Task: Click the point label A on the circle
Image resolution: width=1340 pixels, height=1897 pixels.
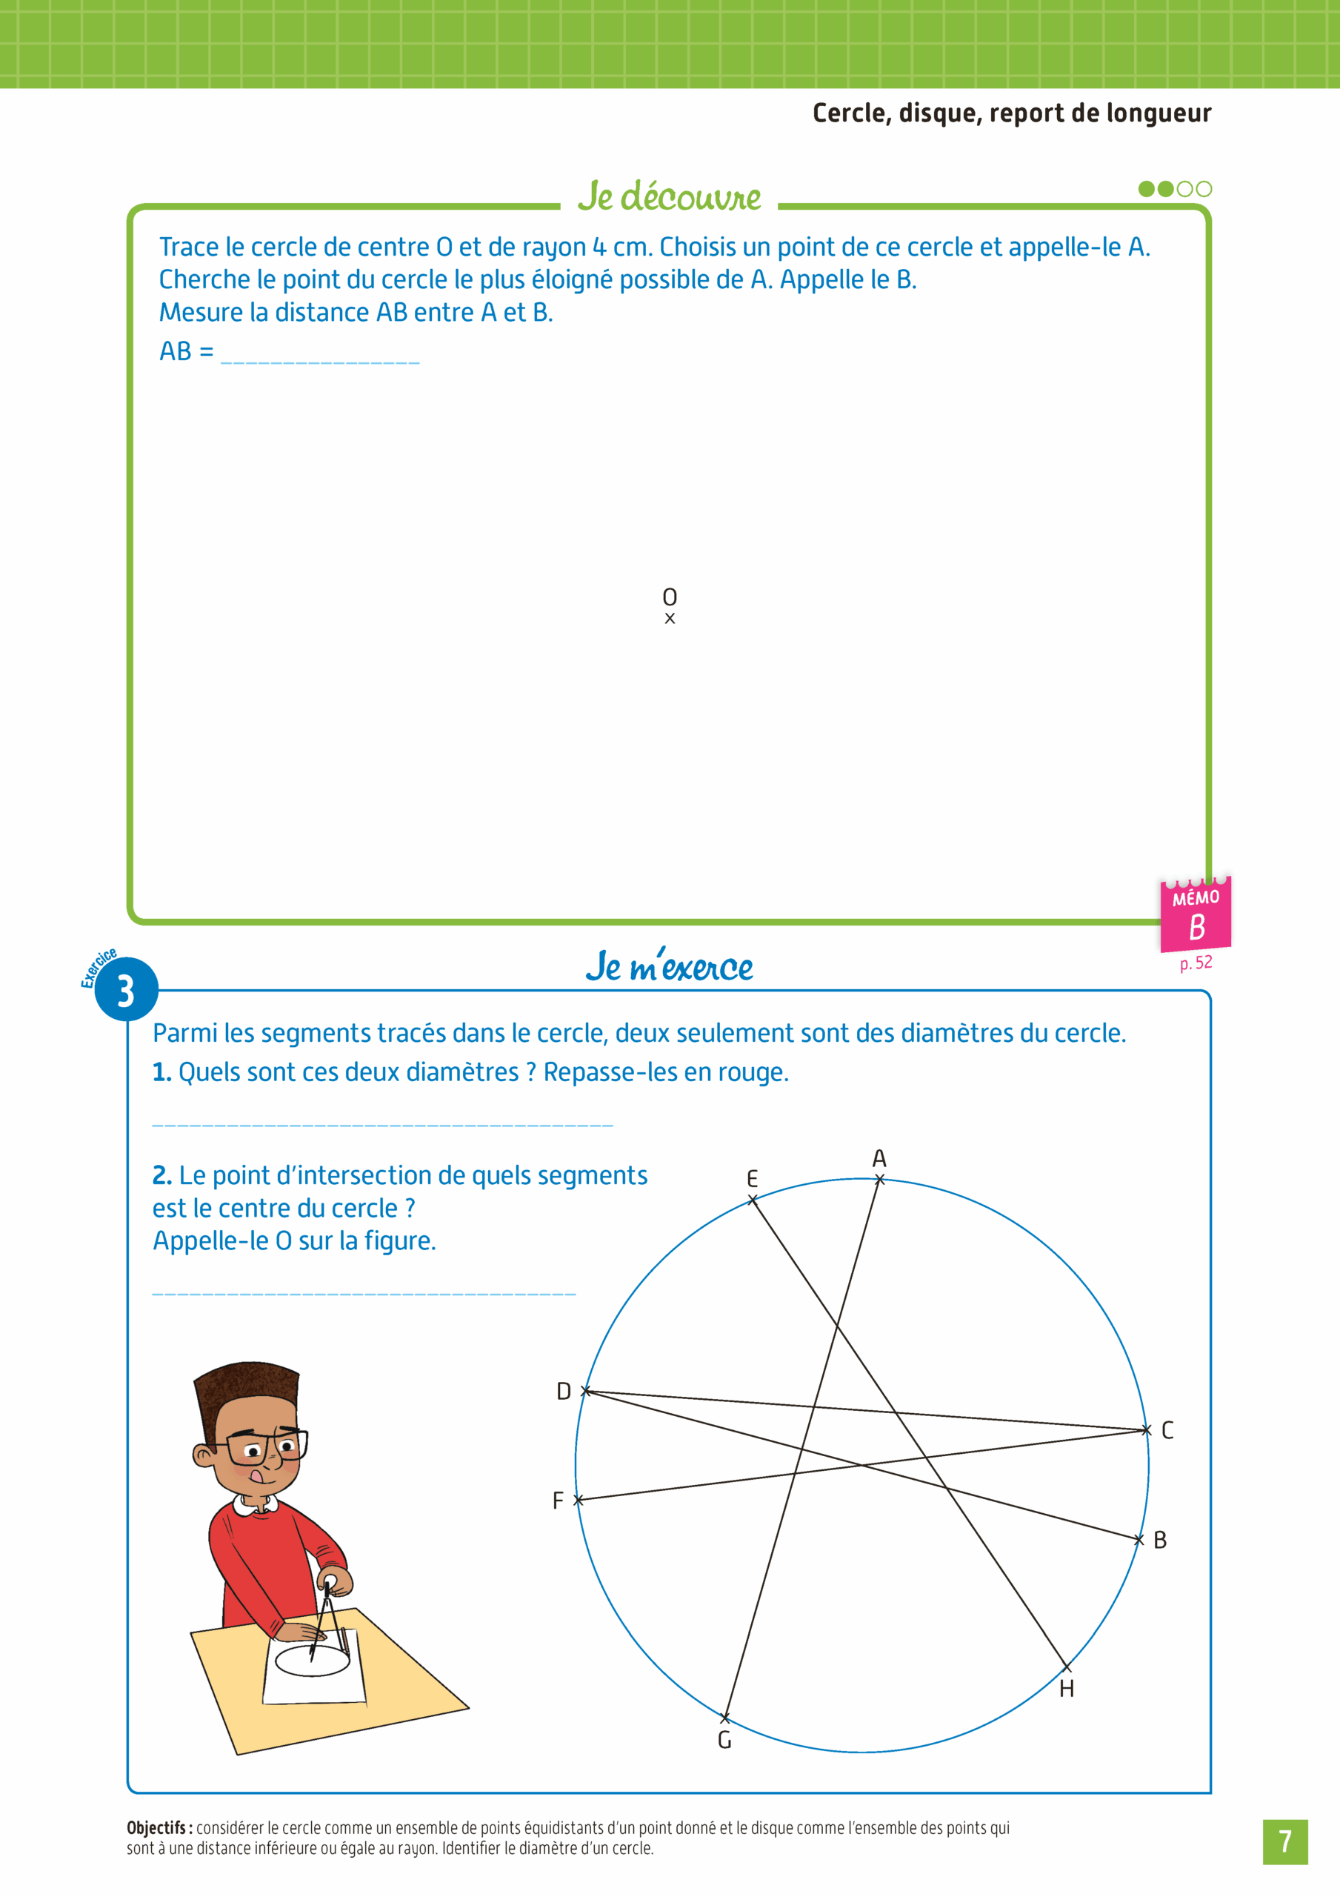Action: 879,1158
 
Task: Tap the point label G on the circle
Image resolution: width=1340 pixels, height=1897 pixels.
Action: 724,1740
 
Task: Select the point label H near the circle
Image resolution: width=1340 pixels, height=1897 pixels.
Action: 1067,1689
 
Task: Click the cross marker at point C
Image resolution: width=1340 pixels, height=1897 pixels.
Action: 1146,1429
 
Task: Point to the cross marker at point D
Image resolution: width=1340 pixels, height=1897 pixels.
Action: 585,1392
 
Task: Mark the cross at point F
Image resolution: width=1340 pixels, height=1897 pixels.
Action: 579,1500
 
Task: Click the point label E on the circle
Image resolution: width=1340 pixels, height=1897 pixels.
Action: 752,1178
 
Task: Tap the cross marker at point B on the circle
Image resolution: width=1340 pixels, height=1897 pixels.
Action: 1139,1539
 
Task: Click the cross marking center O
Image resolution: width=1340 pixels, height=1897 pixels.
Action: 670,618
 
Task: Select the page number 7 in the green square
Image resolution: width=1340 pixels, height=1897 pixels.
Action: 1284,1841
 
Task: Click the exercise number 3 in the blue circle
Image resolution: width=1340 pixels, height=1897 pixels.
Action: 126,991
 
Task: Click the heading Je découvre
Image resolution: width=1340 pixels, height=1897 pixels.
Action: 669,196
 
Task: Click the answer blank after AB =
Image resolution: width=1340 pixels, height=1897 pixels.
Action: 321,353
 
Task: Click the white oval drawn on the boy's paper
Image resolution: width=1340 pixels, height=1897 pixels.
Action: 313,1660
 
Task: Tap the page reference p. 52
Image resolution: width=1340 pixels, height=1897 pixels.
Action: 1196,963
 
